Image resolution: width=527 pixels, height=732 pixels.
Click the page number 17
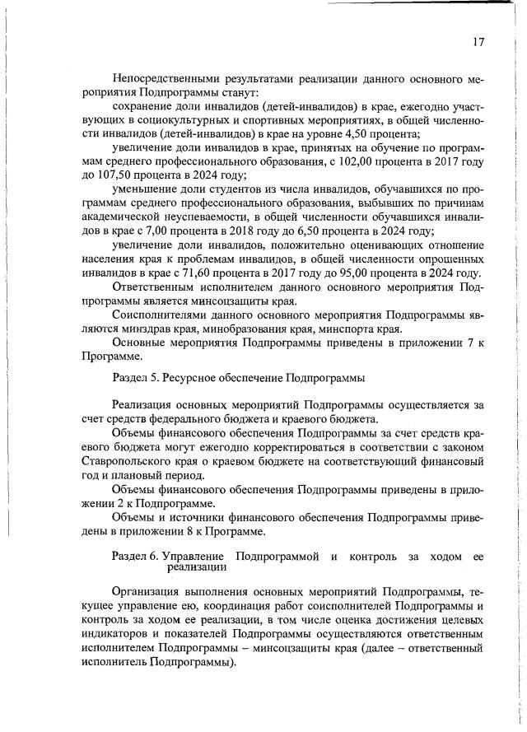[478, 42]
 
